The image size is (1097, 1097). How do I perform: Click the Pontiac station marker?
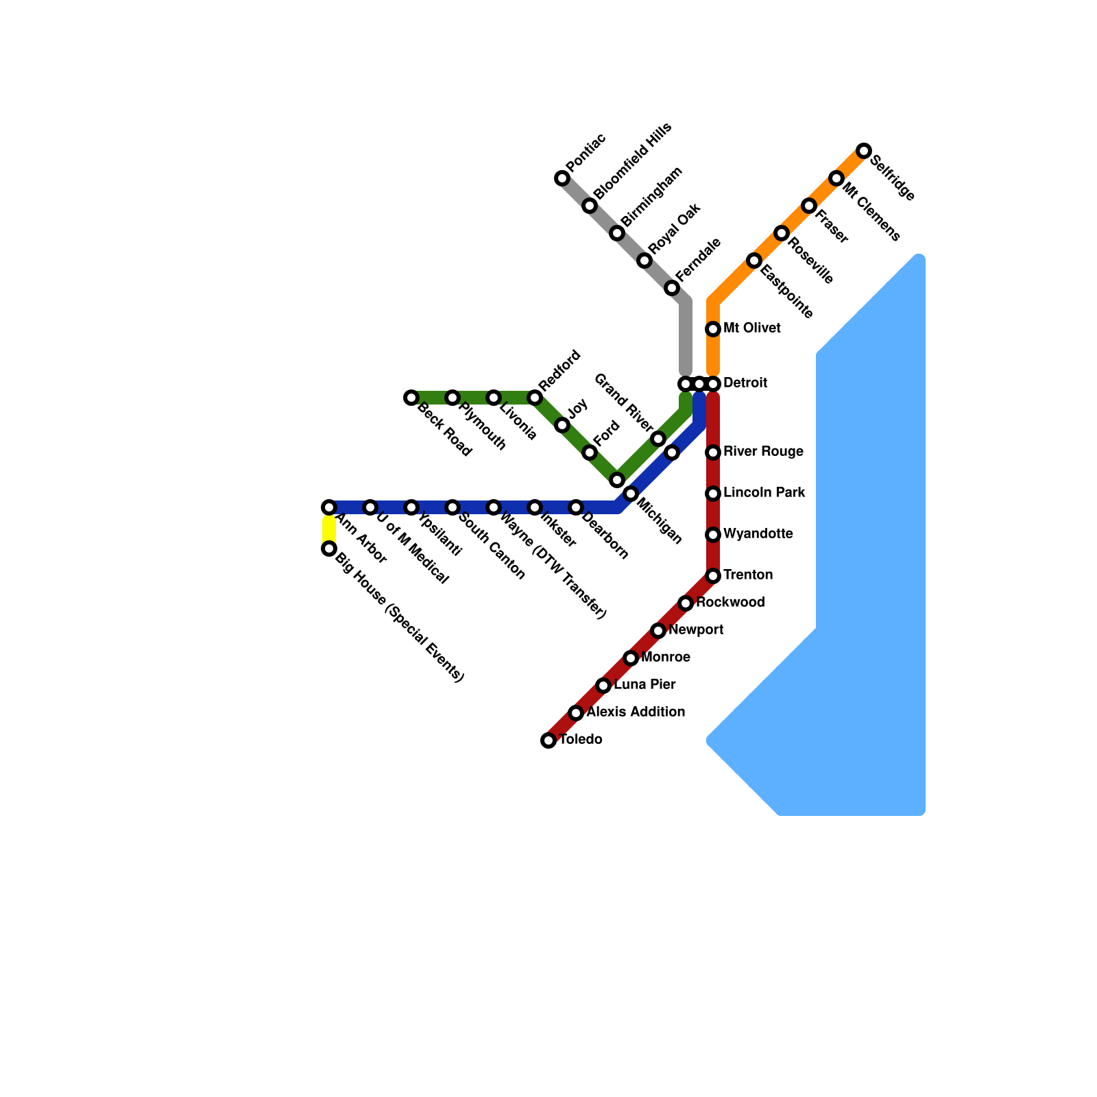pyautogui.click(x=562, y=179)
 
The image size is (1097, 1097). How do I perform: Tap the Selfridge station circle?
pyautogui.click(x=864, y=151)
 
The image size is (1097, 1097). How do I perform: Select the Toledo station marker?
pyautogui.click(x=548, y=740)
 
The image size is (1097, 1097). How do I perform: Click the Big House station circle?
pyautogui.click(x=329, y=548)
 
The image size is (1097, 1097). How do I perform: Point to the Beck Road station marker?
pyautogui.click(x=411, y=398)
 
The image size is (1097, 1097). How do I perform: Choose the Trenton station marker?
pyautogui.click(x=713, y=576)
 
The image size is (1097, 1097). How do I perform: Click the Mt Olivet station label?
pyautogui.click(x=751, y=328)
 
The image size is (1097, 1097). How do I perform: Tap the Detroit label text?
pyautogui.click(x=745, y=383)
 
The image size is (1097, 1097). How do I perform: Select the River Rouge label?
pyautogui.click(x=763, y=452)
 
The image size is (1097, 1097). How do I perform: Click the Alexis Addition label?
pyautogui.click(x=636, y=712)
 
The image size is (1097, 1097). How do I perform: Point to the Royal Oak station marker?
pyautogui.click(x=644, y=261)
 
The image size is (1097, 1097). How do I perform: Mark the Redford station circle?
pyautogui.click(x=535, y=398)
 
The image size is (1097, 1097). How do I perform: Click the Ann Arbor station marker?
pyautogui.click(x=329, y=507)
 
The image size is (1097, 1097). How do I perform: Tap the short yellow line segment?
pyautogui.click(x=329, y=528)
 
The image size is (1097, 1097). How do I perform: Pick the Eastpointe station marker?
pyautogui.click(x=754, y=261)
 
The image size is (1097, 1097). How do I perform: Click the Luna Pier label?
pyautogui.click(x=644, y=685)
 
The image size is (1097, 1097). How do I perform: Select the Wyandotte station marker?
pyautogui.click(x=713, y=535)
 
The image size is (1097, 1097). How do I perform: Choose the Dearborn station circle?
pyautogui.click(x=576, y=507)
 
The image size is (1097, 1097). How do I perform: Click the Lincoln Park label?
pyautogui.click(x=764, y=493)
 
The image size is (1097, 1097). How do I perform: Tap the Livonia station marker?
pyautogui.click(x=494, y=398)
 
